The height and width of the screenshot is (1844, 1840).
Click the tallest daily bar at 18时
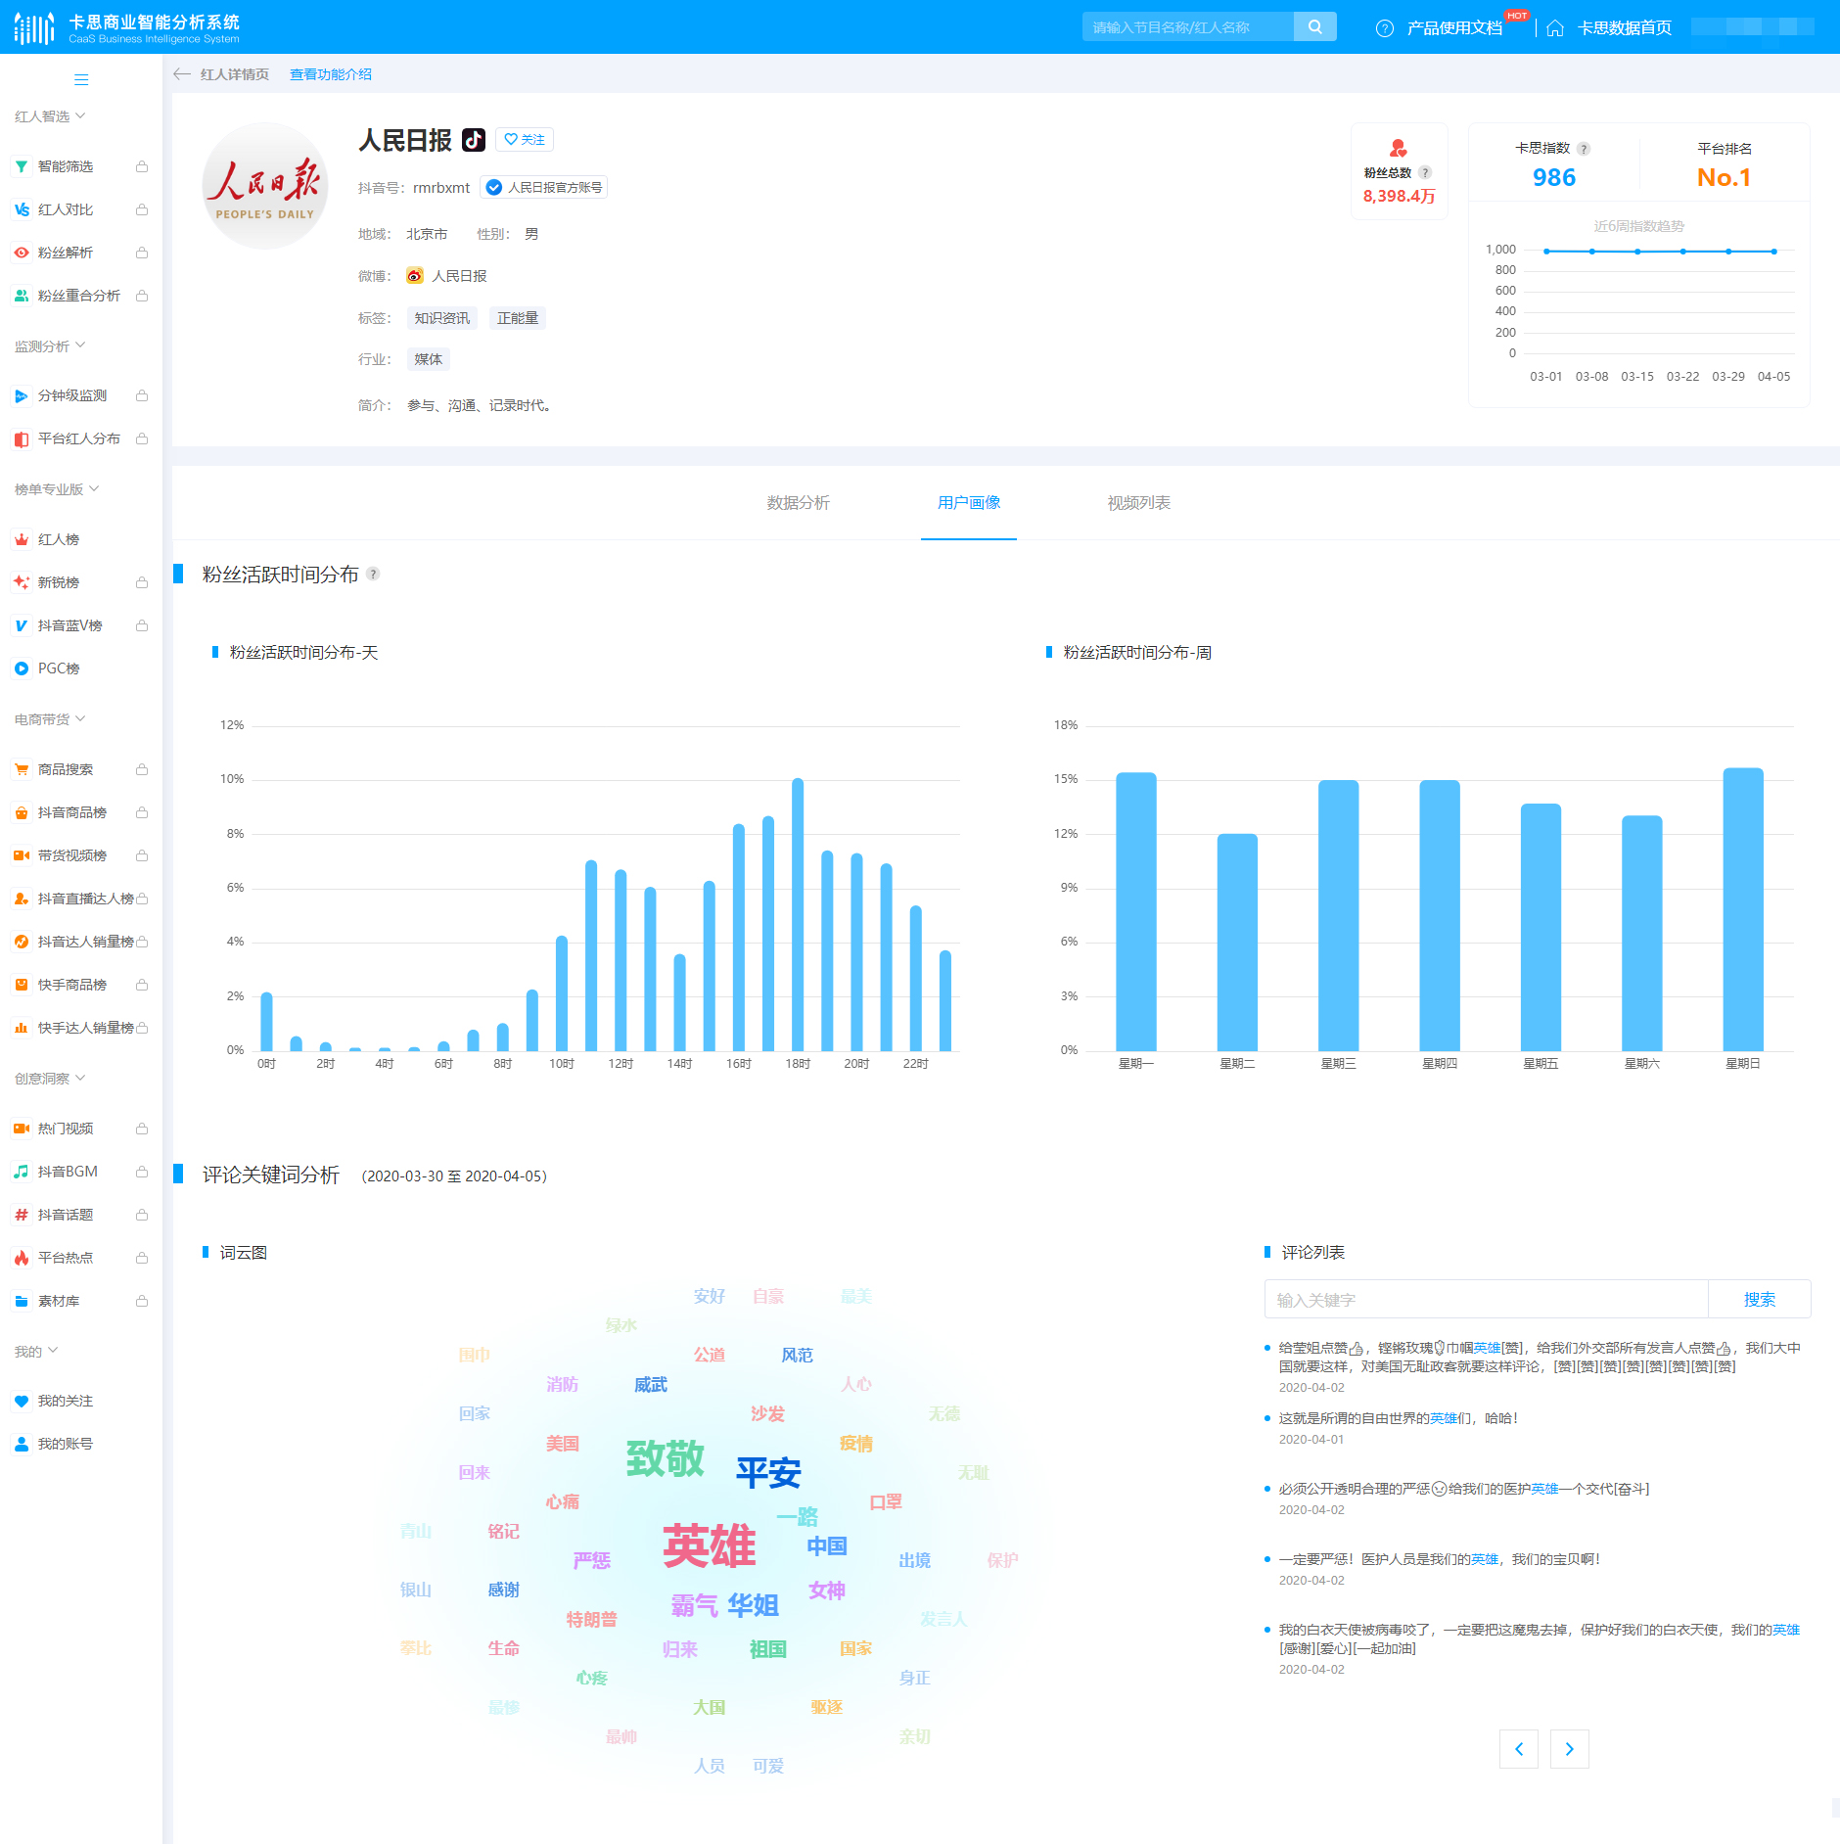[798, 914]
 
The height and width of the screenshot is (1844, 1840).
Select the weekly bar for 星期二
[1237, 942]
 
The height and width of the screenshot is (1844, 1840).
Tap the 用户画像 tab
[968, 503]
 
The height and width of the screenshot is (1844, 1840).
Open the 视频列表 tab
[1138, 503]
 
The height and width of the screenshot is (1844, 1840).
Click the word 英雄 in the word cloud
[709, 1546]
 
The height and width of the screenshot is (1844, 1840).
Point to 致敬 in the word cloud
[665, 1458]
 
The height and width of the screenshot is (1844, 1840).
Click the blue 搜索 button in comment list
[1759, 1300]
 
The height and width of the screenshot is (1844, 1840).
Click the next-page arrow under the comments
[1569, 1749]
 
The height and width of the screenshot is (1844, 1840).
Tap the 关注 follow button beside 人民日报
[525, 140]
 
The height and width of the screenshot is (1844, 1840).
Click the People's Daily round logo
[264, 186]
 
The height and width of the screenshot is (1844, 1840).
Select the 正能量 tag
[517, 318]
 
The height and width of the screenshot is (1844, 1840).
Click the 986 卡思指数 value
[1553, 177]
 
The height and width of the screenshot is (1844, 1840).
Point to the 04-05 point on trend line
[1773, 252]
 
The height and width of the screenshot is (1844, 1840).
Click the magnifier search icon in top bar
[1314, 27]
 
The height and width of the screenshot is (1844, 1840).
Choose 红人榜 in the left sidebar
[59, 539]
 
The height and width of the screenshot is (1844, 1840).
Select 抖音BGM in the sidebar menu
[68, 1172]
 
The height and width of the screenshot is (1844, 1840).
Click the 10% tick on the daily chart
[232, 779]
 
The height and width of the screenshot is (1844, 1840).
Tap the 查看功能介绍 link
[331, 74]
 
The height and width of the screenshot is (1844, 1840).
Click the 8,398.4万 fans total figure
[1399, 196]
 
